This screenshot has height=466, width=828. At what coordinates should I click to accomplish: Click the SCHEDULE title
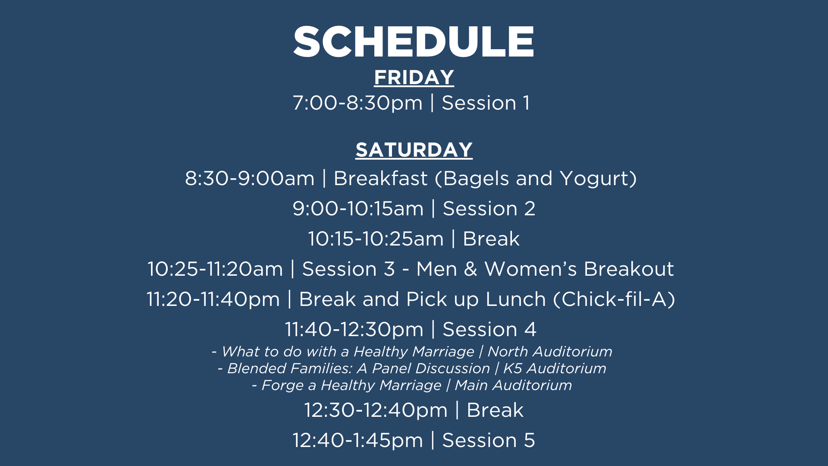pos(414,41)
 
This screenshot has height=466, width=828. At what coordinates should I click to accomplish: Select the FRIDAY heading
pos(414,78)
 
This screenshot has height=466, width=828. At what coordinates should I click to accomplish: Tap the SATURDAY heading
pos(414,150)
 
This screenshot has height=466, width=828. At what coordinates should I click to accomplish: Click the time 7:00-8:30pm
pos(358,103)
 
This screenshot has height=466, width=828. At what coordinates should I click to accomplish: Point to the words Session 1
pos(486,103)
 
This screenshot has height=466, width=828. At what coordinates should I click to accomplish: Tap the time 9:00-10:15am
pos(358,209)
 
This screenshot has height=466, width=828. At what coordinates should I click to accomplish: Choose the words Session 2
pos(489,209)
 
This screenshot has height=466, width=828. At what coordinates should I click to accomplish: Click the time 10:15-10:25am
pos(376,239)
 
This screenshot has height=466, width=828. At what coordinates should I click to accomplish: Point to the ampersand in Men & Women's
pos(470,269)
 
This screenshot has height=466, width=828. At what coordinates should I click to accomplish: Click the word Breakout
pos(629,269)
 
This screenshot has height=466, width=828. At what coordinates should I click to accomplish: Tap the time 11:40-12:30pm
pos(354,330)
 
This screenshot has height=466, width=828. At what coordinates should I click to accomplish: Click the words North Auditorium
pos(550,352)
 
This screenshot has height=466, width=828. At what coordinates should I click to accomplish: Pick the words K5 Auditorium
pos(555,368)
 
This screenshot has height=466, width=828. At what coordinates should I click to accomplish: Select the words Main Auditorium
pos(513,385)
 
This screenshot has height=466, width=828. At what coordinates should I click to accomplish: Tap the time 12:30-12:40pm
pos(376,410)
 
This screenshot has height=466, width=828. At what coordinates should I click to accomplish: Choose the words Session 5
pos(489,441)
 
